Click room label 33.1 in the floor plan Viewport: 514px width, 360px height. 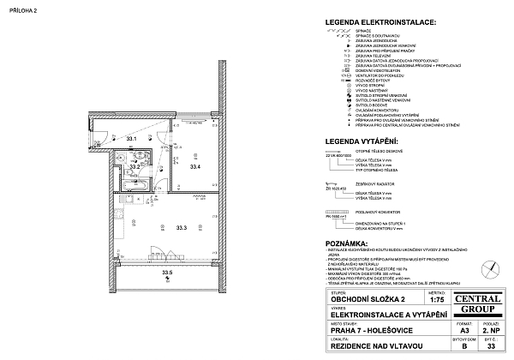coord(131,138)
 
